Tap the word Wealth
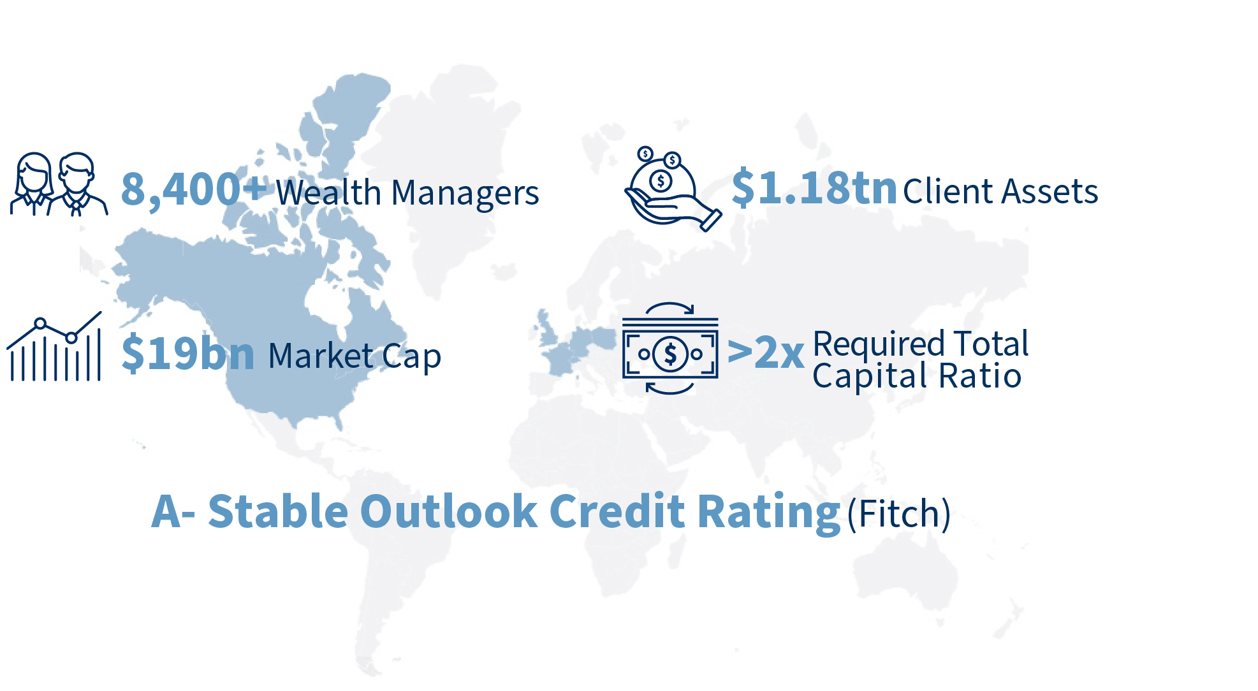pos(328,192)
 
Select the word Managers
pos(465,194)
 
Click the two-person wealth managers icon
pos(59,184)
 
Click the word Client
pos(949,191)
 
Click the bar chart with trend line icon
pos(54,347)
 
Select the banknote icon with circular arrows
pos(670,348)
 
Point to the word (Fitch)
pos(899,513)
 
